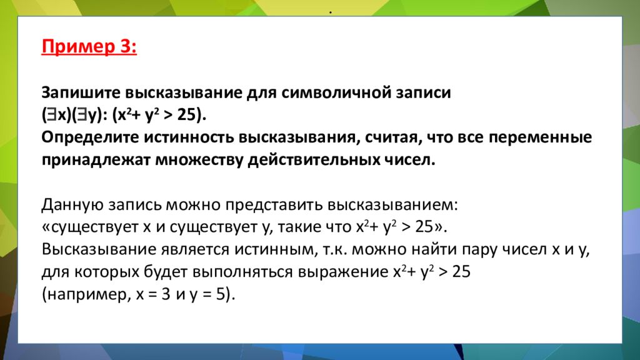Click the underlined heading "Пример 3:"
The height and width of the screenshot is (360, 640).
[89, 47]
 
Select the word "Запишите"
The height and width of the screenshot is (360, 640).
[80, 93]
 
